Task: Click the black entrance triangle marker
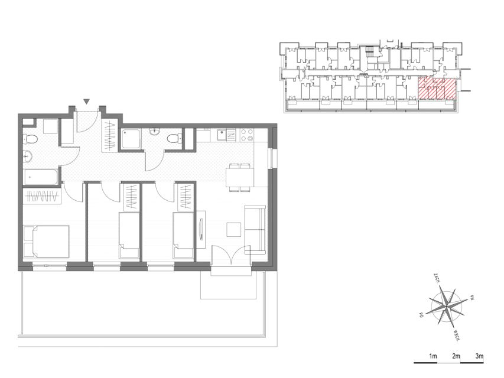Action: click(86, 102)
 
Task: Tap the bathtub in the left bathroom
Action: click(41, 177)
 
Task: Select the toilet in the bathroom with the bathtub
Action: click(30, 139)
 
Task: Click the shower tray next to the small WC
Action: click(131, 139)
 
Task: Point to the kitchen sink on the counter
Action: click(222, 135)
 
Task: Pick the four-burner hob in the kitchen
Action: click(247, 135)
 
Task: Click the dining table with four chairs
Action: click(240, 177)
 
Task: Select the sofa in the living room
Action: click(255, 229)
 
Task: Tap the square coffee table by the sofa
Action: click(233, 230)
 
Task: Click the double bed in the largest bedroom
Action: click(47, 242)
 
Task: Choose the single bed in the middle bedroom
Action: click(129, 235)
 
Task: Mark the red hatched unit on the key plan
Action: click(437, 89)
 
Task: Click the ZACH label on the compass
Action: click(436, 278)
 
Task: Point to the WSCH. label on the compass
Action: click(458, 335)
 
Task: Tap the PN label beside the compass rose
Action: click(472, 298)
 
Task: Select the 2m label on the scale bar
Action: click(456, 356)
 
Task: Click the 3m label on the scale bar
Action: click(479, 356)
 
